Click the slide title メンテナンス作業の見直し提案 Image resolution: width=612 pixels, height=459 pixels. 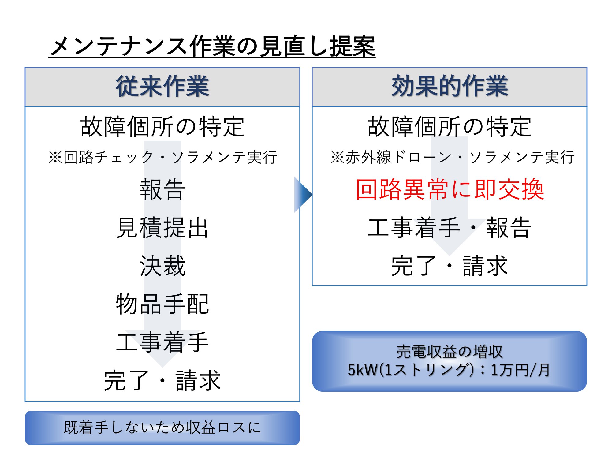coord(212,47)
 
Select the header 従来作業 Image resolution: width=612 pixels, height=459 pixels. coord(162,86)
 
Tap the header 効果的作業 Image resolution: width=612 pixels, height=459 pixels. coord(450,86)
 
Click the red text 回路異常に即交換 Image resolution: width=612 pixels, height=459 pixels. coord(450,189)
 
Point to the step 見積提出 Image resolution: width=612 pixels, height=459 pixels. coord(162,228)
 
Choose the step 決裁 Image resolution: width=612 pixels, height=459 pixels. coord(162,266)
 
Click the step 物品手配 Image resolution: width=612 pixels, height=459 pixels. coord(162,304)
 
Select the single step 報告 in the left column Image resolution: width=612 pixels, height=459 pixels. coord(162,189)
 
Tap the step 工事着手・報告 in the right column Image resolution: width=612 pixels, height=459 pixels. coord(450,228)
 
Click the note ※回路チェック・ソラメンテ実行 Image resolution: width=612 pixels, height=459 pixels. coord(163,157)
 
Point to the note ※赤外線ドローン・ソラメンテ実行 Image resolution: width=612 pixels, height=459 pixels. coord(453,157)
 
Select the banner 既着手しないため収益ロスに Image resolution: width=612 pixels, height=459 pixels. coord(162,427)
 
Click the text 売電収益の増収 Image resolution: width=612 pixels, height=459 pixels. coord(450,352)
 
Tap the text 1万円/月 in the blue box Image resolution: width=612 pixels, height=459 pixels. coord(520,370)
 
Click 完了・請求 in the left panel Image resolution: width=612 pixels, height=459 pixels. coord(162,380)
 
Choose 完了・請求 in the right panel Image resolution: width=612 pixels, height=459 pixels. coord(450,266)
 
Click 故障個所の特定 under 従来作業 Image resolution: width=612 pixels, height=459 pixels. coord(162,126)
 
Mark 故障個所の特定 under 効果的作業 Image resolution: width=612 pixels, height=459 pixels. coord(450,126)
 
